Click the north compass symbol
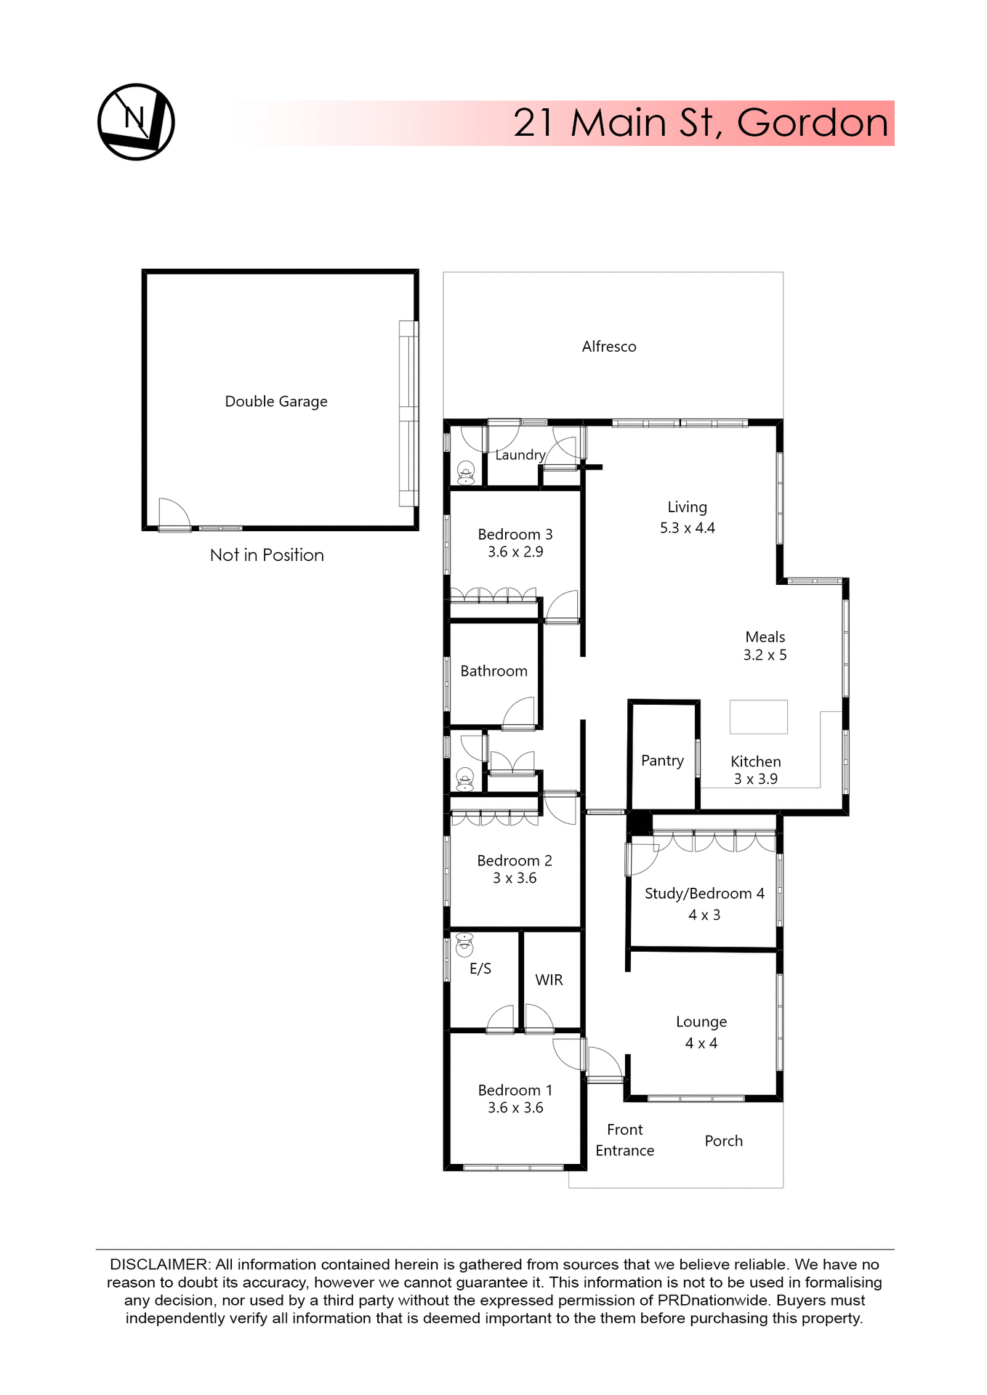point(136,121)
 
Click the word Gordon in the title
point(812,123)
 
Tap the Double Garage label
point(275,402)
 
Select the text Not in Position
point(267,555)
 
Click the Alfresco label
point(608,347)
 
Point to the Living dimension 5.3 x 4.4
point(687,528)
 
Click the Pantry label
point(662,761)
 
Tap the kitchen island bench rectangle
point(758,716)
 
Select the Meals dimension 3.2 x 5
point(765,655)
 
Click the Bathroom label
point(493,671)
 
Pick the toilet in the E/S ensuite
point(464,945)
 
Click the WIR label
point(549,980)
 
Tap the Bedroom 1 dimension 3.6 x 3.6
point(515,1108)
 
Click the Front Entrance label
point(624,1140)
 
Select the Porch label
point(723,1141)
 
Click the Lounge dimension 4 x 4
point(701,1043)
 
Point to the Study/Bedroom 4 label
point(704,894)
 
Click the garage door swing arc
point(175,512)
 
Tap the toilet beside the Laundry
point(466,472)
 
